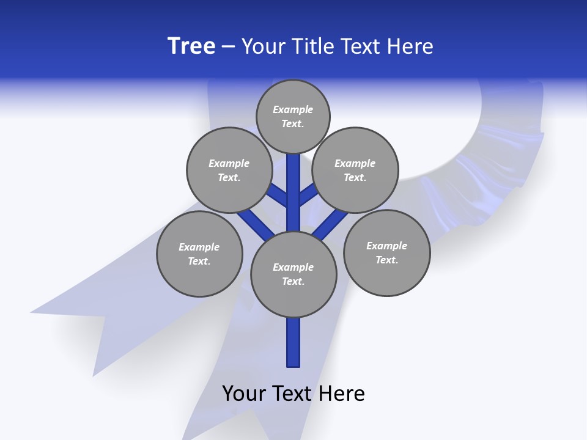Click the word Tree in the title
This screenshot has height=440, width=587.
191,46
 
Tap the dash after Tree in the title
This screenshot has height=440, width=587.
229,47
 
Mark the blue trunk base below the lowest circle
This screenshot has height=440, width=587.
293,342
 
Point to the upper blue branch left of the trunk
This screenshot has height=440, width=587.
279,195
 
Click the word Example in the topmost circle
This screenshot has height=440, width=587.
293,109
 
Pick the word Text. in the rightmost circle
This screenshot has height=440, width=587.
386,260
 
